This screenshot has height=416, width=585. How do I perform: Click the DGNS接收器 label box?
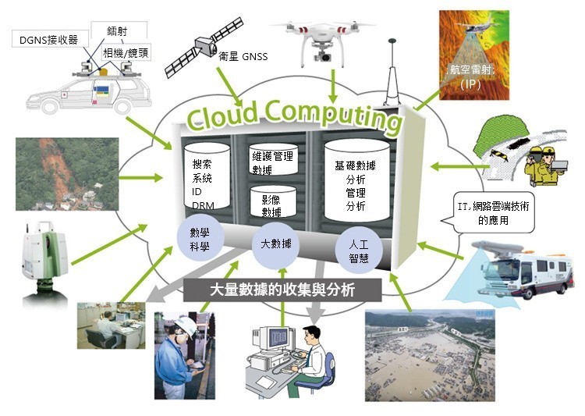(49, 40)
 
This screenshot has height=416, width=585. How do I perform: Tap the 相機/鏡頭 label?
(126, 52)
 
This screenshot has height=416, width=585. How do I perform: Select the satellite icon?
(204, 47)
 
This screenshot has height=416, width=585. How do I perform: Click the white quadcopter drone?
(322, 40)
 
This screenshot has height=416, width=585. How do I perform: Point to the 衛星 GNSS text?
(243, 56)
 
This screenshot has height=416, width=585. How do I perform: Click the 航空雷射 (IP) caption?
(471, 77)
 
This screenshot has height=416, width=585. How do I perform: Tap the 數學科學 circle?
(200, 239)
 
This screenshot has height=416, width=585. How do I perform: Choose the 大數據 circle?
(276, 244)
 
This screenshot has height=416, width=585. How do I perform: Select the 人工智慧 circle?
(359, 251)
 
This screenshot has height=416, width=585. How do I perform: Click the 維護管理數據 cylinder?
(274, 159)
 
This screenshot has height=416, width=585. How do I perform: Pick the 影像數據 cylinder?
(273, 202)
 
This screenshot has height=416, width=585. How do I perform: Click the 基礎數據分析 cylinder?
(356, 181)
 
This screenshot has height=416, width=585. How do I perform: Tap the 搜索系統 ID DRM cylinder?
(207, 176)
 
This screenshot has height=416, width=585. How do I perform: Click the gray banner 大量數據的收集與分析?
(282, 290)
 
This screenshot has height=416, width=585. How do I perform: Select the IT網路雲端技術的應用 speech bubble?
(492, 212)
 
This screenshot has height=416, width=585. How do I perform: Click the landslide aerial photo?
(67, 174)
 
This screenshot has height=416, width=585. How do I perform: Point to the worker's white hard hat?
(185, 325)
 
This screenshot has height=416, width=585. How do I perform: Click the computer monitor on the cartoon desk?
(275, 340)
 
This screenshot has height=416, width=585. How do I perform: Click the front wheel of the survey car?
(50, 106)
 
